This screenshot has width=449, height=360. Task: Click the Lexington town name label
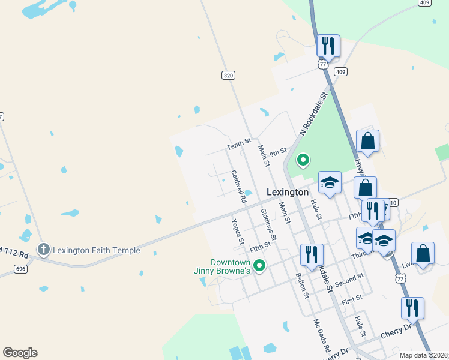(x=287, y=193)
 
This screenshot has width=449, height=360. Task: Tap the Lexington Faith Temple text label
(x=97, y=250)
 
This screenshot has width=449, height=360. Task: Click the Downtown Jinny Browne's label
(x=230, y=267)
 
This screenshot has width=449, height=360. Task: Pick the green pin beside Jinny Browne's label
(x=259, y=265)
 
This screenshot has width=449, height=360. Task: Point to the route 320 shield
(x=228, y=75)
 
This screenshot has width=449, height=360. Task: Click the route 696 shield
(x=21, y=268)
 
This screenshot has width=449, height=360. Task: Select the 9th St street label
(x=277, y=153)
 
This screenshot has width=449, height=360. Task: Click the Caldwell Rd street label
(x=238, y=187)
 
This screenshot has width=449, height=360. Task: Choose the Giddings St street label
(x=268, y=224)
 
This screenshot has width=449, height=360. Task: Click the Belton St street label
(x=301, y=286)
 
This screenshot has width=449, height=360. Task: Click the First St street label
(x=351, y=298)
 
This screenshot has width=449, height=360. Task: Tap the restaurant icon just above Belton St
(x=310, y=254)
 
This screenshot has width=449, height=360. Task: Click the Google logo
(x=20, y=353)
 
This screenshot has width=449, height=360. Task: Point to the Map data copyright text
(x=423, y=355)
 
